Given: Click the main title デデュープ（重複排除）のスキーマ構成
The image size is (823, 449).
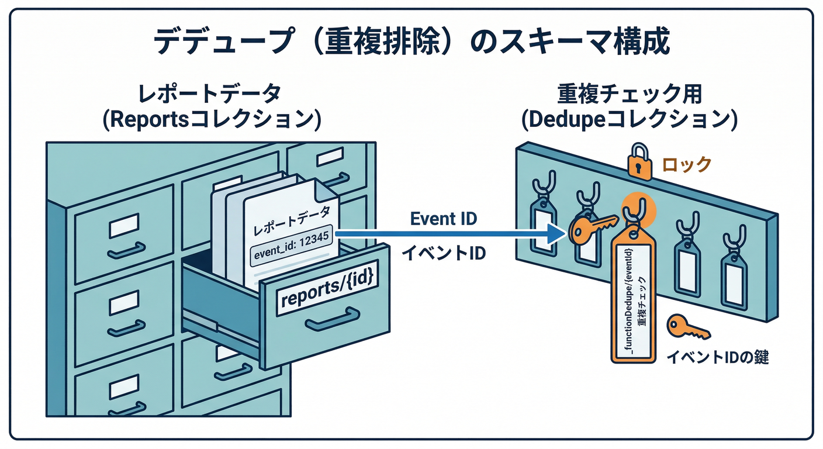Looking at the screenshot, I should click(411, 44).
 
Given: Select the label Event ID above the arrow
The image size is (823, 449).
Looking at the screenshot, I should click(443, 219).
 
